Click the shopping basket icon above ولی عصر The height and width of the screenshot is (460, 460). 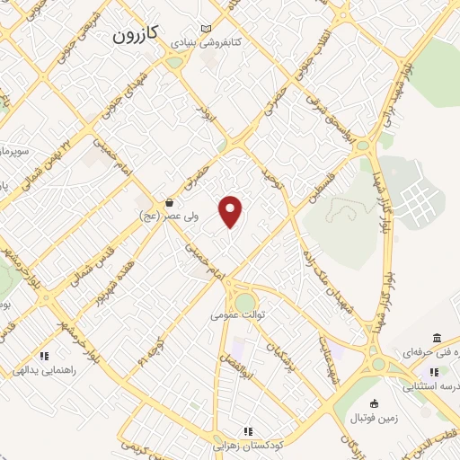[x=169, y=203]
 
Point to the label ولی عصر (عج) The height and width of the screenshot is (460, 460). [x=163, y=217]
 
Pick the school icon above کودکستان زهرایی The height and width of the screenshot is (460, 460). [x=247, y=431]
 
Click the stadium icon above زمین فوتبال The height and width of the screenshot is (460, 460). [x=375, y=402]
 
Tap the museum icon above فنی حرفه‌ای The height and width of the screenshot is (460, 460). [x=437, y=339]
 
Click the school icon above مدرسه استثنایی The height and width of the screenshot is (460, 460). [x=434, y=372]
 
